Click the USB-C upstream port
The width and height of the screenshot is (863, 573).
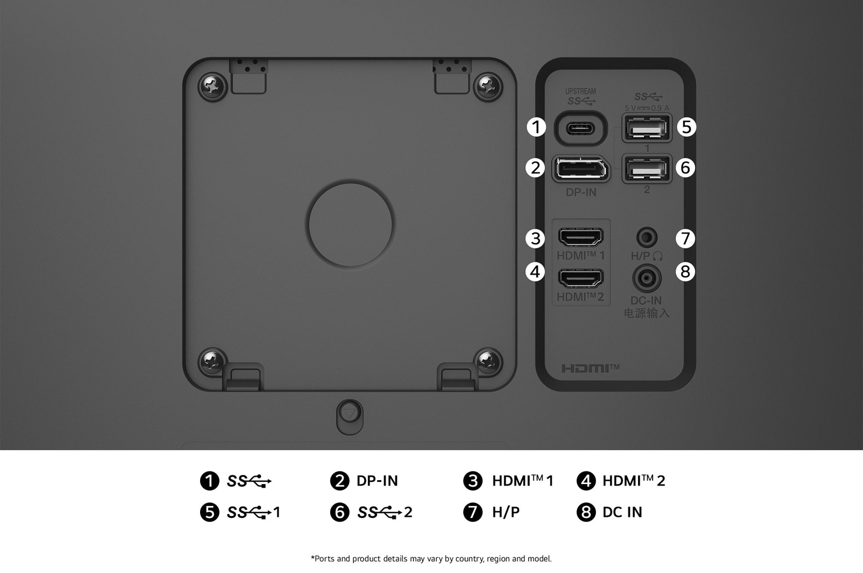580,128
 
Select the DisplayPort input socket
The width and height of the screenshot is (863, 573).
581,169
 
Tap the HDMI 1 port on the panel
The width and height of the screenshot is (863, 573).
580,237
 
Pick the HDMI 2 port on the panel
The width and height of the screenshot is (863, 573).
580,278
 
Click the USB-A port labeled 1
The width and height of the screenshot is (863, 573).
647,128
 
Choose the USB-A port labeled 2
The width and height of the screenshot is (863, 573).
647,169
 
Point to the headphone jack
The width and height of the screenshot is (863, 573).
647,237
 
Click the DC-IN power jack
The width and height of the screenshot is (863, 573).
647,278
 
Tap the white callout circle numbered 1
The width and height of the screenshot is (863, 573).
536,127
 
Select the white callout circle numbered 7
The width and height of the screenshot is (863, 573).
685,238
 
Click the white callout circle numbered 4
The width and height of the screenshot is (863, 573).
535,271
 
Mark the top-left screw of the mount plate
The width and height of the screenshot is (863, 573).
213,85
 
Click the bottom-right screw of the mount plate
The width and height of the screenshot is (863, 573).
488,361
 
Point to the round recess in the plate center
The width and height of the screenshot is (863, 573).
351,223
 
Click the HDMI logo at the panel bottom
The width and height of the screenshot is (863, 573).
590,369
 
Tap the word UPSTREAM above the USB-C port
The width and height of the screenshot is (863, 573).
580,91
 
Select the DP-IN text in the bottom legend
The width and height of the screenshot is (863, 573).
377,481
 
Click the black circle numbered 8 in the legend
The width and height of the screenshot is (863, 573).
586,512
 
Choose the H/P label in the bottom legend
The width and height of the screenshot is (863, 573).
505,512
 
